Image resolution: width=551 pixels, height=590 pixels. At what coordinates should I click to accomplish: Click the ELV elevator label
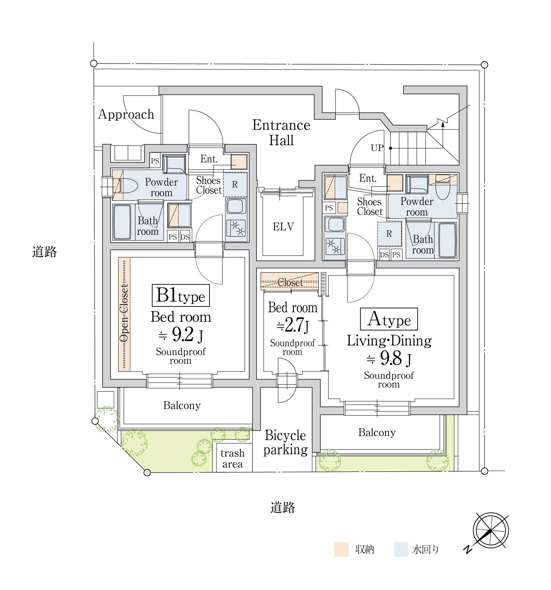point(283,227)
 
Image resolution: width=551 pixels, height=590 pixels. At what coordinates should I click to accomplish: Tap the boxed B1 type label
point(181,295)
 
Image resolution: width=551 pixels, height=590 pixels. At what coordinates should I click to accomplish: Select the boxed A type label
point(389,319)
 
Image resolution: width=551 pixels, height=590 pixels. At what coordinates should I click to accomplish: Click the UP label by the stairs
point(377,148)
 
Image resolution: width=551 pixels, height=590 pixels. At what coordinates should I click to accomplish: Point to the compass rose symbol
point(490,530)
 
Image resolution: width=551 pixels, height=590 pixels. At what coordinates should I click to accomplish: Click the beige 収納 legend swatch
point(341,549)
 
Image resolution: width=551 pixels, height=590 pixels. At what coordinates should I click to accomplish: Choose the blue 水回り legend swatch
point(401,549)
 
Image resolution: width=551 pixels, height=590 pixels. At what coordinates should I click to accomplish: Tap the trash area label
point(232,459)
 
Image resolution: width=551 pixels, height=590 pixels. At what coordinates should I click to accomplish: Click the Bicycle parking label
point(286,443)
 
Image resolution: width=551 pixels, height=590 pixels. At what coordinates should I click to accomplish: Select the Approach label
point(126,114)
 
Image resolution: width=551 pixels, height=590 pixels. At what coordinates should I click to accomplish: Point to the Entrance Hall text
point(281,132)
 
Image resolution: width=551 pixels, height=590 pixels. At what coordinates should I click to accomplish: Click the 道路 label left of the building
point(45,252)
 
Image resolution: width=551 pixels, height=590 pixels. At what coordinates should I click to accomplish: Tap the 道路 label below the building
point(282,507)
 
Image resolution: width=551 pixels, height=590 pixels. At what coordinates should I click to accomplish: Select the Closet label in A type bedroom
point(290,282)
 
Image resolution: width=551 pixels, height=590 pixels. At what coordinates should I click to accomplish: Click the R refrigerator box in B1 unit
point(235,185)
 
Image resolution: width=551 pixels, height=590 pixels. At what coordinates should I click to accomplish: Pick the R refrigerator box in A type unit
point(389,234)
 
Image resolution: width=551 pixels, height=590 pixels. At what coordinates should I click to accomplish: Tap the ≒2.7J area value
point(293,325)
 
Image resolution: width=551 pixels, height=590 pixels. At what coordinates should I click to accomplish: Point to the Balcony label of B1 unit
point(182,405)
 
